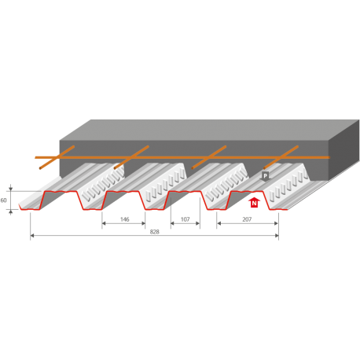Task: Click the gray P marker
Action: click(x=266, y=177)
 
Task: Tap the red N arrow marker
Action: click(x=253, y=203)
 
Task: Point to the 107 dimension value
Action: click(x=186, y=219)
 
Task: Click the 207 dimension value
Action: click(x=247, y=219)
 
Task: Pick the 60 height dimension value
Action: click(x=5, y=201)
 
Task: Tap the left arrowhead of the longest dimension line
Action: click(x=32, y=237)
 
